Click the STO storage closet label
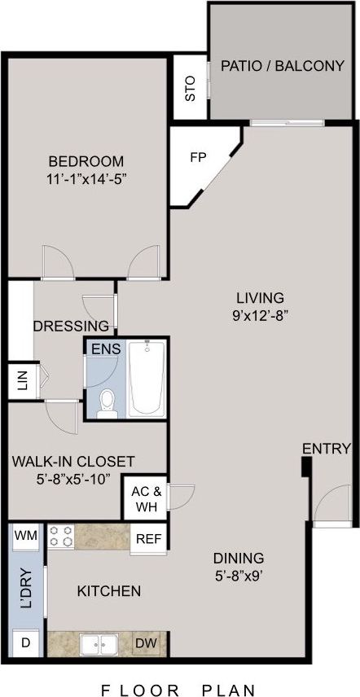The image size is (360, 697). click(191, 87)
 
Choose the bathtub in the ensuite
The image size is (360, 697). click(147, 379)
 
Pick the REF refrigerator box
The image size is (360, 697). click(147, 538)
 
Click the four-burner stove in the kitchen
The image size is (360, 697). click(61, 537)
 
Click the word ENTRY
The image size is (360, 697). click(327, 449)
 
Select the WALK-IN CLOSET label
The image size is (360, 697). click(73, 462)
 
